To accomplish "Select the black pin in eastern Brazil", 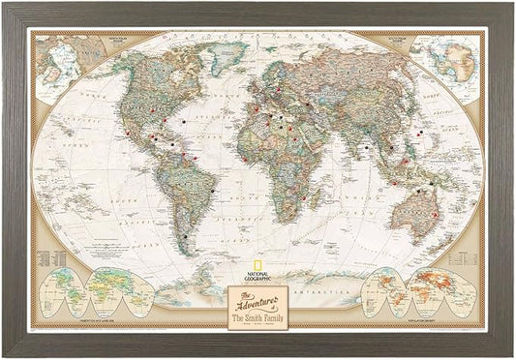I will (212, 191).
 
